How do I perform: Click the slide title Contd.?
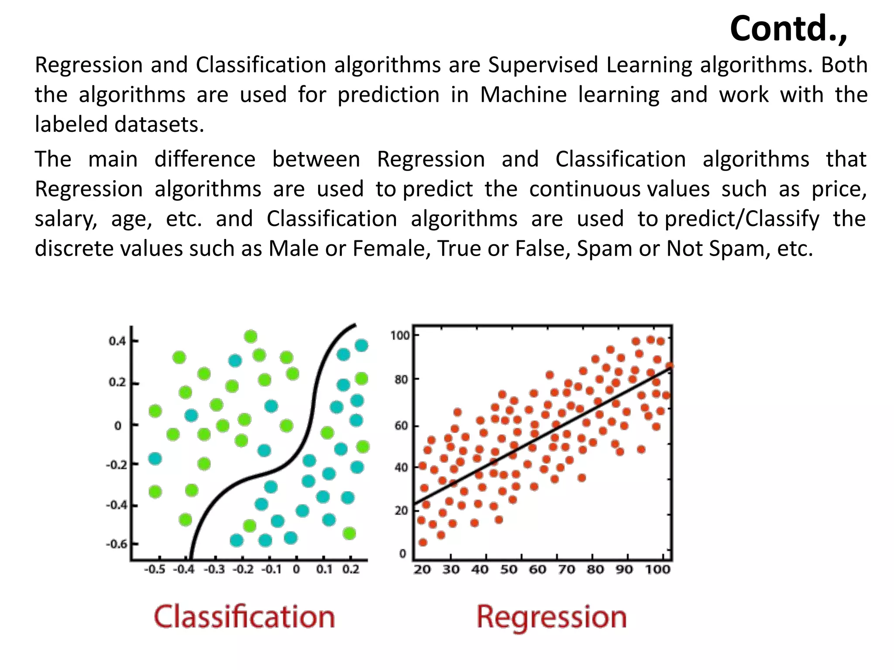point(788,29)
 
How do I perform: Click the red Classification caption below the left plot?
point(244,617)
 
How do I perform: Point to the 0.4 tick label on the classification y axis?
point(117,341)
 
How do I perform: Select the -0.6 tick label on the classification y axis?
point(116,544)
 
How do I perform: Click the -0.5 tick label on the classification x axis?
point(155,570)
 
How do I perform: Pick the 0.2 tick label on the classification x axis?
point(351,570)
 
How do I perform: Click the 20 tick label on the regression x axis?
point(422,570)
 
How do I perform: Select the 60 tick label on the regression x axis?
point(537,570)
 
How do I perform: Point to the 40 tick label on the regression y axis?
point(401,468)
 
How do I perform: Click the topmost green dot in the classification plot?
point(251,336)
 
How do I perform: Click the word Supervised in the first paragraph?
point(543,65)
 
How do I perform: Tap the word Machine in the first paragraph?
point(523,95)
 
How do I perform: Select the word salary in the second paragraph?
point(65,219)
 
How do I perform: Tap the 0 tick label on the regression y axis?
point(402,554)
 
